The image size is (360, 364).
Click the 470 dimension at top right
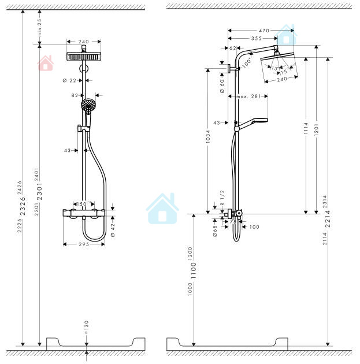[264, 30]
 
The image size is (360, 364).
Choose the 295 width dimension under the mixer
[84, 245]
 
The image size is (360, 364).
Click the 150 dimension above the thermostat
[83, 204]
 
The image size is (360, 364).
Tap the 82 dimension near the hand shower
[75, 95]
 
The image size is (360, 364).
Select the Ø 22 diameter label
[69, 80]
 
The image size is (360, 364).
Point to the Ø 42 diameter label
[113, 227]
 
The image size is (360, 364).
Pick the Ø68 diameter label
[214, 228]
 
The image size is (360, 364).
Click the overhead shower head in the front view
[84, 56]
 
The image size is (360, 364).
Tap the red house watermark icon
[45, 63]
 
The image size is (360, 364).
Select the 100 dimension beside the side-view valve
[254, 227]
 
